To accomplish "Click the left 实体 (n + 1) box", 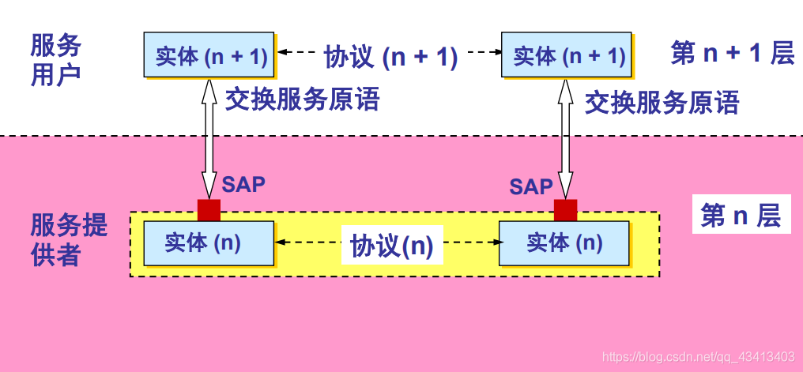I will [x=209, y=55].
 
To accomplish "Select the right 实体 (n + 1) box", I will [x=567, y=55].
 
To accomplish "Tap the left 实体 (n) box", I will [x=209, y=243].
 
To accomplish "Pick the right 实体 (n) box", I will [x=564, y=243].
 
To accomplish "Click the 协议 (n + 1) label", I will [x=390, y=56].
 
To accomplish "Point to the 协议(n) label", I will [x=392, y=246].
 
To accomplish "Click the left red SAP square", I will [x=209, y=209].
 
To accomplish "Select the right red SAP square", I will [x=565, y=209].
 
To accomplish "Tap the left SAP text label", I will [x=243, y=184].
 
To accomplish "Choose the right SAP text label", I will [x=530, y=186].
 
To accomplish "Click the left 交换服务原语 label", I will [x=303, y=100].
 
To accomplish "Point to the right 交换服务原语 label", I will [x=662, y=102].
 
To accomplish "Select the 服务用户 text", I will [x=55, y=59].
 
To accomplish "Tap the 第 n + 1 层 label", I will [x=732, y=53].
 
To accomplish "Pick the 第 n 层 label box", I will [x=741, y=215].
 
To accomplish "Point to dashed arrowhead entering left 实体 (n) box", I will [x=280, y=243].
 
